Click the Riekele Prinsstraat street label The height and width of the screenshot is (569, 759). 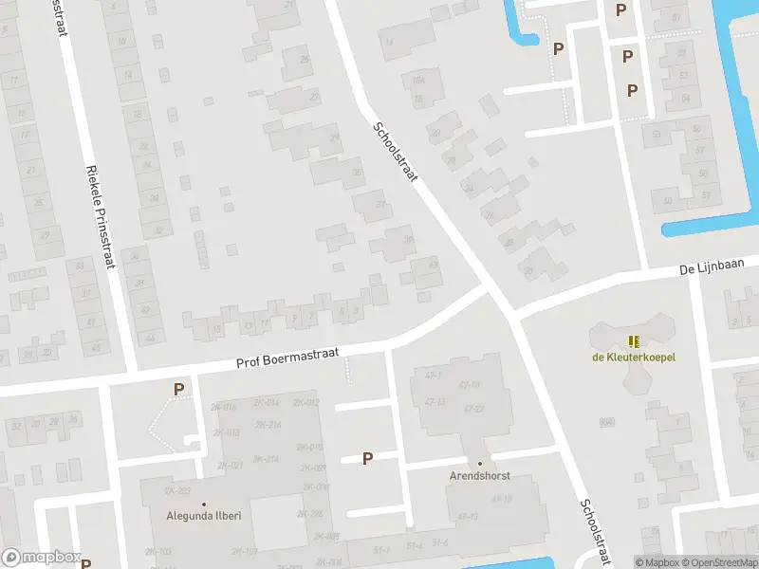(x=100, y=216)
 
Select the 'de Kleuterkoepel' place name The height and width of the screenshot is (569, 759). (x=633, y=358)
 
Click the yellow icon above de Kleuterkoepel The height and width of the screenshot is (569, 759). (x=633, y=341)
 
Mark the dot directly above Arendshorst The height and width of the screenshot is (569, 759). (x=480, y=463)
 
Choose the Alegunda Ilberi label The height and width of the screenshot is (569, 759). (x=203, y=517)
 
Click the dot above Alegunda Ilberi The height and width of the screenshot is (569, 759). (x=203, y=504)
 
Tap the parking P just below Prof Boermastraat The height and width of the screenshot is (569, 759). (x=177, y=389)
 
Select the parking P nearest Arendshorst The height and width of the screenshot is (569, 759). (x=367, y=458)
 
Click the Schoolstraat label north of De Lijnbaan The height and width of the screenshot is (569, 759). (x=395, y=155)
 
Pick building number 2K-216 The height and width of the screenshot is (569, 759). (x=268, y=425)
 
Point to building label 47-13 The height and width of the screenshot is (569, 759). (x=435, y=402)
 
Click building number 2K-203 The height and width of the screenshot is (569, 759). (x=177, y=491)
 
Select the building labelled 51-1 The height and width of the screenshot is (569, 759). (x=381, y=548)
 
